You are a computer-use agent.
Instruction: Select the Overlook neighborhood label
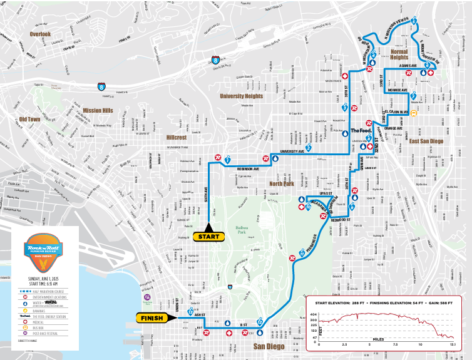coord(39,34)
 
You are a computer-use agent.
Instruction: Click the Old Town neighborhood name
coord(29,119)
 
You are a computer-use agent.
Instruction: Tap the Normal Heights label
coord(399,54)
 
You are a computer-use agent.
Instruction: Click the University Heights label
coord(241,96)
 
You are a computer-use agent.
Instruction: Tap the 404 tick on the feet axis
coord(315,314)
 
